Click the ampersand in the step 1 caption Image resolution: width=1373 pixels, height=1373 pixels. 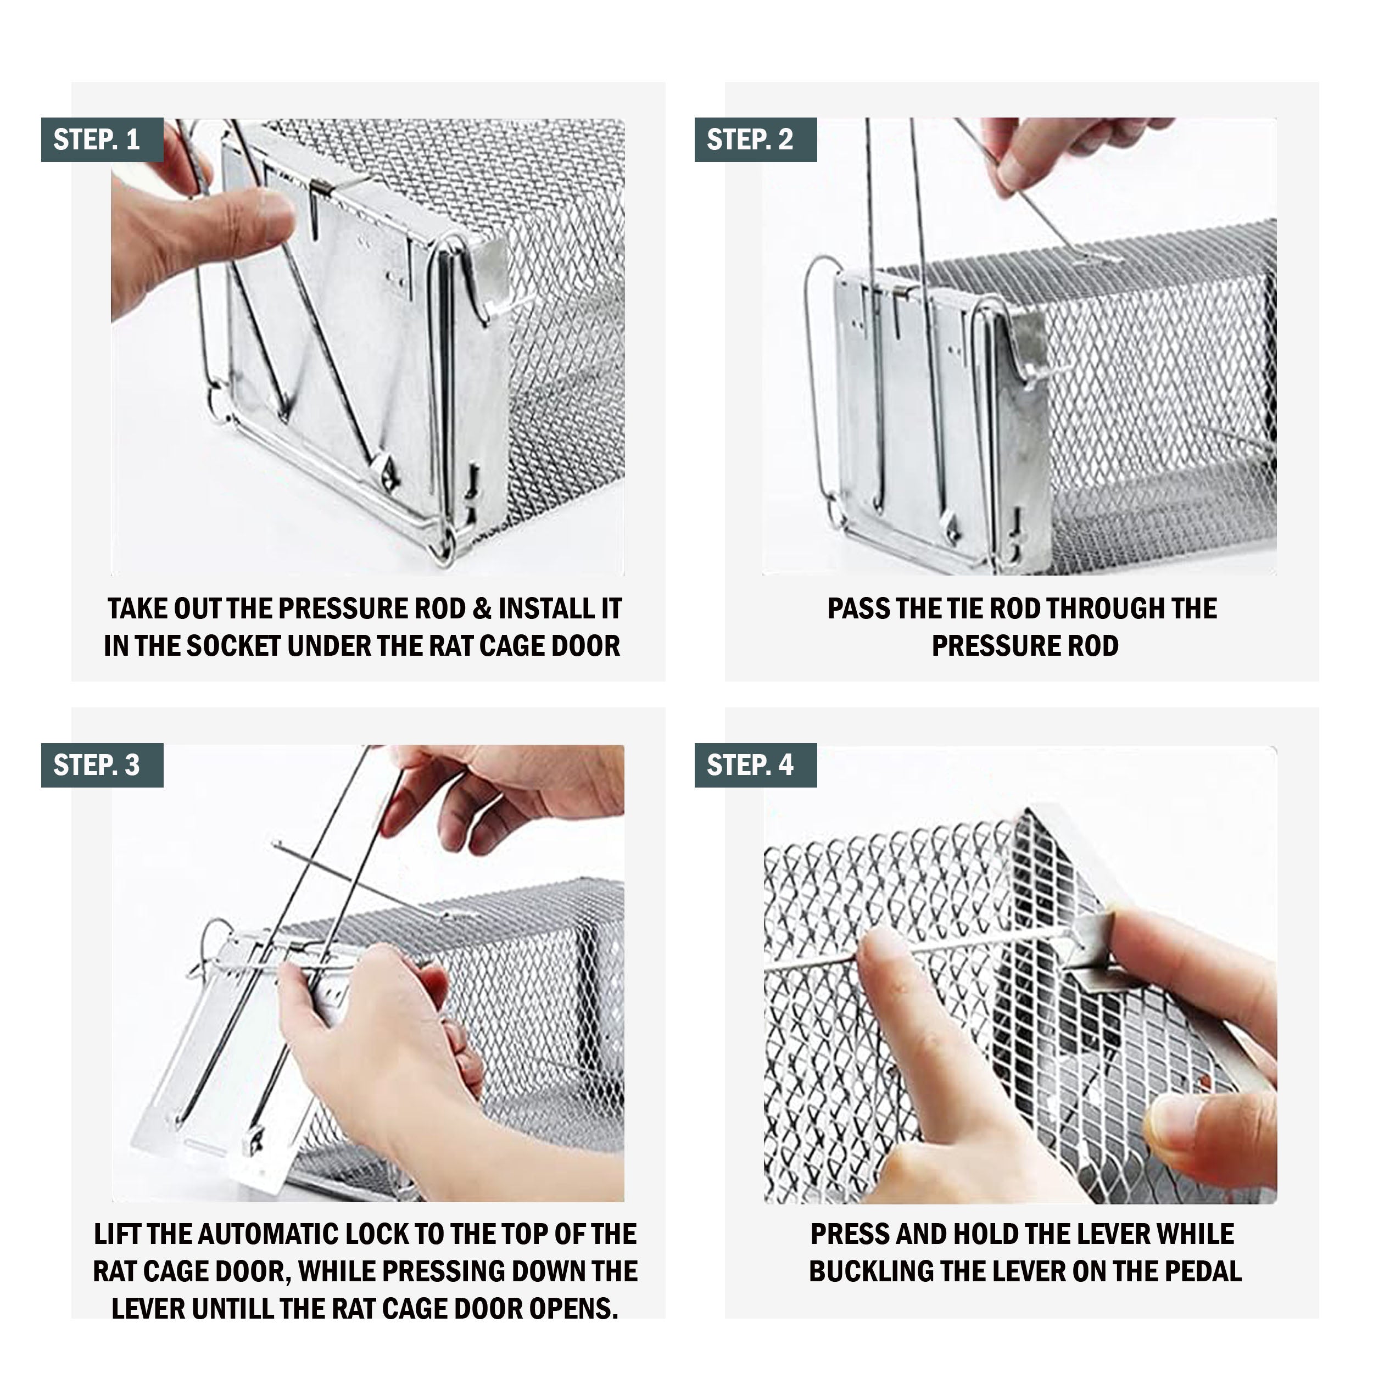(481, 609)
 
